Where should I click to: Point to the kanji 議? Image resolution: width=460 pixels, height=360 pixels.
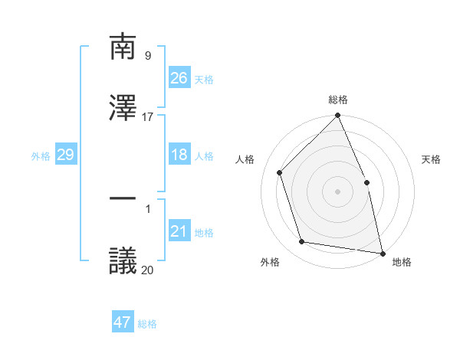123,260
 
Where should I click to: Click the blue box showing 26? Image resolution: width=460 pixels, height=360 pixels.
179,77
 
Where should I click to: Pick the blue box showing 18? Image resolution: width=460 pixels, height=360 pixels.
179,155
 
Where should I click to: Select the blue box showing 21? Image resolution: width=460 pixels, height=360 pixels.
179,231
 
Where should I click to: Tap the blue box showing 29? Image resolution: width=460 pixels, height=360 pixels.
65,155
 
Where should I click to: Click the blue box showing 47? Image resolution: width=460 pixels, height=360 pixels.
123,322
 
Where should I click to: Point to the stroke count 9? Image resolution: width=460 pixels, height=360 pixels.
147,56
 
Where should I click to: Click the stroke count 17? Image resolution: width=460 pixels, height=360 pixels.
148,117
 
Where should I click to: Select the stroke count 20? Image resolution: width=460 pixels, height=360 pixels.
147,270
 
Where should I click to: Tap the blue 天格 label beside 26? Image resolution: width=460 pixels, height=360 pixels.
204,79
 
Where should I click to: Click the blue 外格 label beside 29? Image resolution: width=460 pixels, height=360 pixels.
41,156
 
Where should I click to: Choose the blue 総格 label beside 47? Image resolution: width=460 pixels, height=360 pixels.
147,324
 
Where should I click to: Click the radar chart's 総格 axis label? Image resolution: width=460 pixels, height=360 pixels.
338,100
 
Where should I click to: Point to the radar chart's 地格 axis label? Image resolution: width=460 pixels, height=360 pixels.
402,262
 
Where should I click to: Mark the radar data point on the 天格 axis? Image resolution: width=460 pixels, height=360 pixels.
366,182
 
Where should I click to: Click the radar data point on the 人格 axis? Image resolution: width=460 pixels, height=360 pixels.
280,172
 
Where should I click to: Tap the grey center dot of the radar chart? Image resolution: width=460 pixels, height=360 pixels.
337,191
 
